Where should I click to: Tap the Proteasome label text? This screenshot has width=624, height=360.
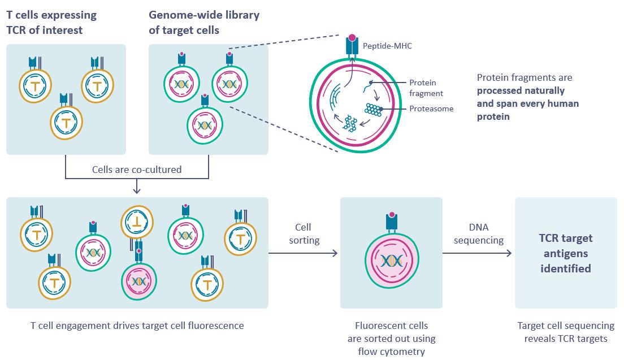[x=431, y=109]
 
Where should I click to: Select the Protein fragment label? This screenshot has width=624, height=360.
[x=426, y=88]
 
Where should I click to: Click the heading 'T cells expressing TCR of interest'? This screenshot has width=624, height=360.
[x=51, y=23]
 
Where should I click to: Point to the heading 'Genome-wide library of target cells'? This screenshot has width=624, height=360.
[x=203, y=23]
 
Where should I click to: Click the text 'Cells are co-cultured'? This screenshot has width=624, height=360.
[x=137, y=169]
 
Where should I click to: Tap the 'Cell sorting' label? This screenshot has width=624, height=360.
[x=304, y=233]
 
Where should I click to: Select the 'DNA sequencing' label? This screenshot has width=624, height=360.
[x=478, y=233]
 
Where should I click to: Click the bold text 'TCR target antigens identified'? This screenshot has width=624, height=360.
[x=566, y=254]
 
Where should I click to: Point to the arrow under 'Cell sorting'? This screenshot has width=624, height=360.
[x=303, y=253]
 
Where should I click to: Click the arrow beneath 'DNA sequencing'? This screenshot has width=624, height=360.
[x=478, y=253]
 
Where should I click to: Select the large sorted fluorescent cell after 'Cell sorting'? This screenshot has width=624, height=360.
[x=391, y=260]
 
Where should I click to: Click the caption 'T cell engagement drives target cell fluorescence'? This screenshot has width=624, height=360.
[x=137, y=326]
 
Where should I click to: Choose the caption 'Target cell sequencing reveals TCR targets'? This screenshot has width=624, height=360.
[x=566, y=332]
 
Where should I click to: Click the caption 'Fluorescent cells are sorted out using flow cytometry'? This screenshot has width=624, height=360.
[x=391, y=338]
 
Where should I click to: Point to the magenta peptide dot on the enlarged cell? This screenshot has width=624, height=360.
[x=353, y=38]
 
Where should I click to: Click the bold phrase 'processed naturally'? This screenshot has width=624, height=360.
[x=521, y=90]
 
